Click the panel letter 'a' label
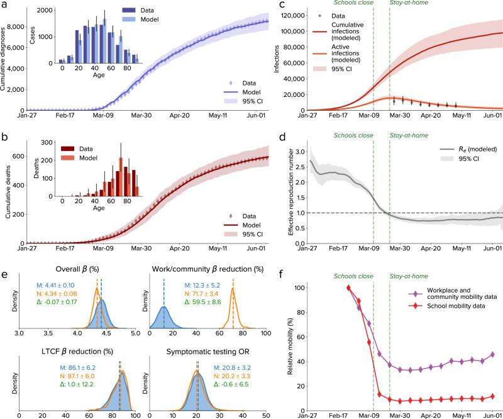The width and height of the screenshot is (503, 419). (5, 6)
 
